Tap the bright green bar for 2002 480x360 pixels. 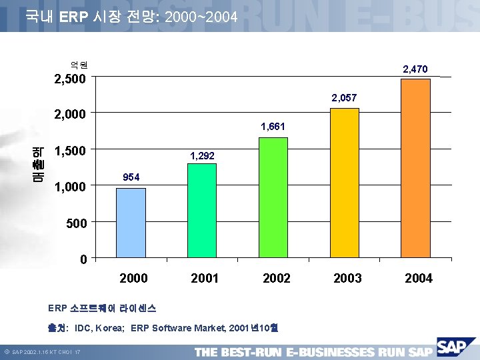coord(273,197)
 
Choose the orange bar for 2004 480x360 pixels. coord(416,167)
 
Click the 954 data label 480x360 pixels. coord(131,177)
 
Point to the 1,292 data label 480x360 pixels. coord(202,155)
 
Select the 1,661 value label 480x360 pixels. coord(273,125)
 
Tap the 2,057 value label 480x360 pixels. coord(344,98)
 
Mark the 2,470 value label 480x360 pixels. coord(415,69)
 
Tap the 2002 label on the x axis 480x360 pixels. coord(276,278)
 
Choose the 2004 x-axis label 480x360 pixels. coord(419,278)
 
